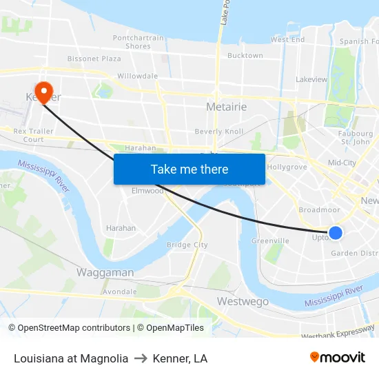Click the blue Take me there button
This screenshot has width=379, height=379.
189,169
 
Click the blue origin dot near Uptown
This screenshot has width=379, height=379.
336,233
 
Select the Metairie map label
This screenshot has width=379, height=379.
227,106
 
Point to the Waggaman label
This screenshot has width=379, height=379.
105,272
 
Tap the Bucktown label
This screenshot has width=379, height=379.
245,55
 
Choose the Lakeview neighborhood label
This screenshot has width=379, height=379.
311,79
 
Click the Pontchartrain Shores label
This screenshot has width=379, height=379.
139,42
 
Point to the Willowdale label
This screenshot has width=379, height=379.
138,76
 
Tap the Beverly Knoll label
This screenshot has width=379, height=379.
219,131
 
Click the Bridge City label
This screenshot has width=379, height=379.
187,245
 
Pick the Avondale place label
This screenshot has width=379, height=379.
119,291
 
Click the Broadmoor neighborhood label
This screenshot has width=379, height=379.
319,209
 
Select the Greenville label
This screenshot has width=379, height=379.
270,240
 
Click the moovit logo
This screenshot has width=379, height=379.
338,358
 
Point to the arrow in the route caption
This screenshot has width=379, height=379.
141,358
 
